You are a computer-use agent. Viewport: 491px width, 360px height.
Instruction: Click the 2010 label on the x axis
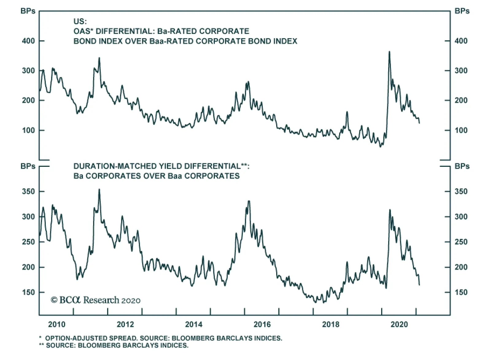click(x=57, y=324)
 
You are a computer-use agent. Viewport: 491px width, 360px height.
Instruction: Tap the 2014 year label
click(x=194, y=324)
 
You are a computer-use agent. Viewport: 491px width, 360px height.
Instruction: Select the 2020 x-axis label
click(x=399, y=324)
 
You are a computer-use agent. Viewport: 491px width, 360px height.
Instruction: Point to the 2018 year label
click(x=331, y=324)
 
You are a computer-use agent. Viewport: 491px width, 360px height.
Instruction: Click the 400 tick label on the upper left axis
click(x=28, y=41)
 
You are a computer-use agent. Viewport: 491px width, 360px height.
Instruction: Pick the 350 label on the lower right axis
click(x=461, y=191)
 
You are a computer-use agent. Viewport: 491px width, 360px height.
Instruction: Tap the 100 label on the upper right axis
click(x=461, y=130)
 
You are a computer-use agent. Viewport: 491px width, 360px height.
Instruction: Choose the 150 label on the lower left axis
click(x=28, y=292)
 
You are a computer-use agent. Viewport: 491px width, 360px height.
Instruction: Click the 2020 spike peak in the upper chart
click(x=389, y=52)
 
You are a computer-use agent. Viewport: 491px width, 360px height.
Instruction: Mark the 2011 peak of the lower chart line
click(x=99, y=190)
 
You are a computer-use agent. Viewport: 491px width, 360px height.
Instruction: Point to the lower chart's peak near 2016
click(x=249, y=201)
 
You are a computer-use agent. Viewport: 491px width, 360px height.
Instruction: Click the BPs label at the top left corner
click(x=28, y=11)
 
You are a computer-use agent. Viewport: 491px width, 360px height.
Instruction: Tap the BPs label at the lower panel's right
click(x=462, y=166)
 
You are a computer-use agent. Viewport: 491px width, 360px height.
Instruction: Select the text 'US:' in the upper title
click(x=80, y=21)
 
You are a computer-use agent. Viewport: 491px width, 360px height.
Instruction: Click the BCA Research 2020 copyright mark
click(x=95, y=300)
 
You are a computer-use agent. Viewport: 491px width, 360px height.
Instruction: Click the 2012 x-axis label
click(x=125, y=324)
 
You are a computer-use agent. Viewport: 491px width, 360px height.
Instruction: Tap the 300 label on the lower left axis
click(x=28, y=216)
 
